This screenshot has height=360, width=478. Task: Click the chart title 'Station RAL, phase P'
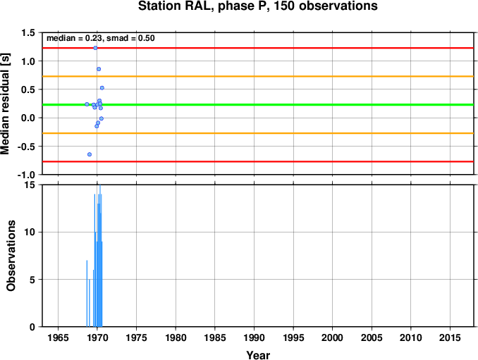202,6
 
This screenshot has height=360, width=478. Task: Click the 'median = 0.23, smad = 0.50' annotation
101,38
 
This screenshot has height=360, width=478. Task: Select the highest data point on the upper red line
95,48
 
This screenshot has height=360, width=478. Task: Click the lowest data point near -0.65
90,154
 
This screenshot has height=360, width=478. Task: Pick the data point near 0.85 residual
99,69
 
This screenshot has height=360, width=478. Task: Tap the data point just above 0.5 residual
102,88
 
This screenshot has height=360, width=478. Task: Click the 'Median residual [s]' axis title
5,104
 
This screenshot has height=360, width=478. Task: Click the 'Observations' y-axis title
11,256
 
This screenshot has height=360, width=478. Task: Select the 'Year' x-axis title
258,355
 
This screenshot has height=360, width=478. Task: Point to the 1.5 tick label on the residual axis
28,32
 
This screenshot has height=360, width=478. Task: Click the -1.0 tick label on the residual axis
26,175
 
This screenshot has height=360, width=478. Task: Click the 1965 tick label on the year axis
58,337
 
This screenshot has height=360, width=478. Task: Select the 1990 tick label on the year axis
254,337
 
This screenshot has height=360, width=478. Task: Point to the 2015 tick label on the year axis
450,337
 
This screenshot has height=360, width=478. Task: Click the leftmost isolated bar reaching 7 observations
87,294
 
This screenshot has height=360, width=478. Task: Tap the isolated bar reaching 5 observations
90,303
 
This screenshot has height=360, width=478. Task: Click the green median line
258,105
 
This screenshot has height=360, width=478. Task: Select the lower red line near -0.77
258,161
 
